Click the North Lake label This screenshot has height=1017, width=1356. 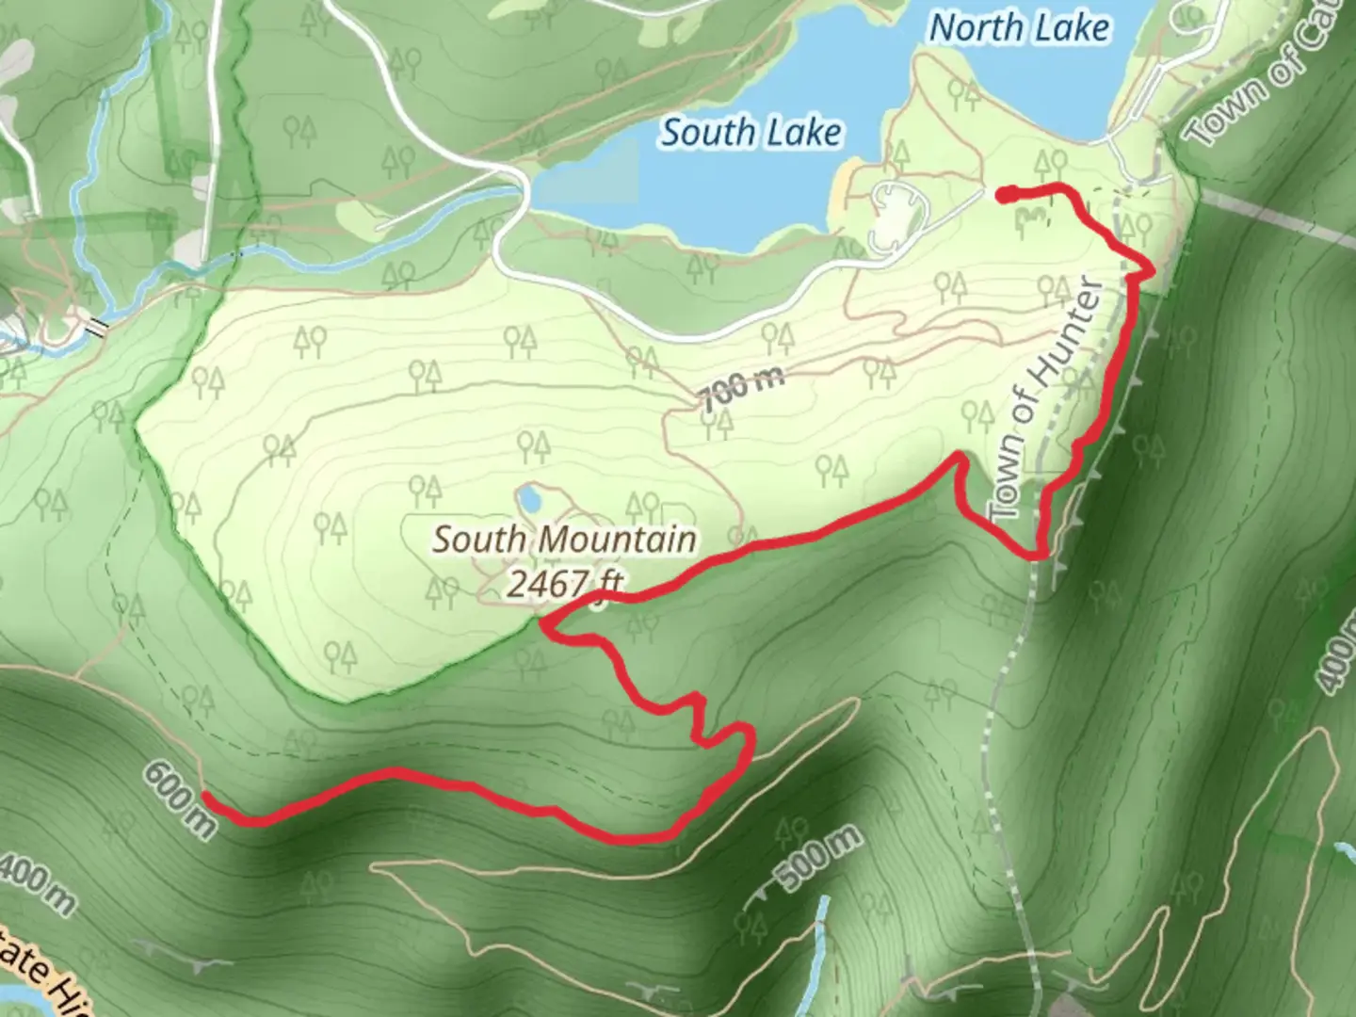click(1020, 28)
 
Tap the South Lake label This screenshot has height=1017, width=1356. click(751, 132)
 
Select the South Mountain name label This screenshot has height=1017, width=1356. click(565, 540)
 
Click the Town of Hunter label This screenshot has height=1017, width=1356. click(1047, 399)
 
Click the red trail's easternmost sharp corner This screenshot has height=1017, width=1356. click(1151, 270)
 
